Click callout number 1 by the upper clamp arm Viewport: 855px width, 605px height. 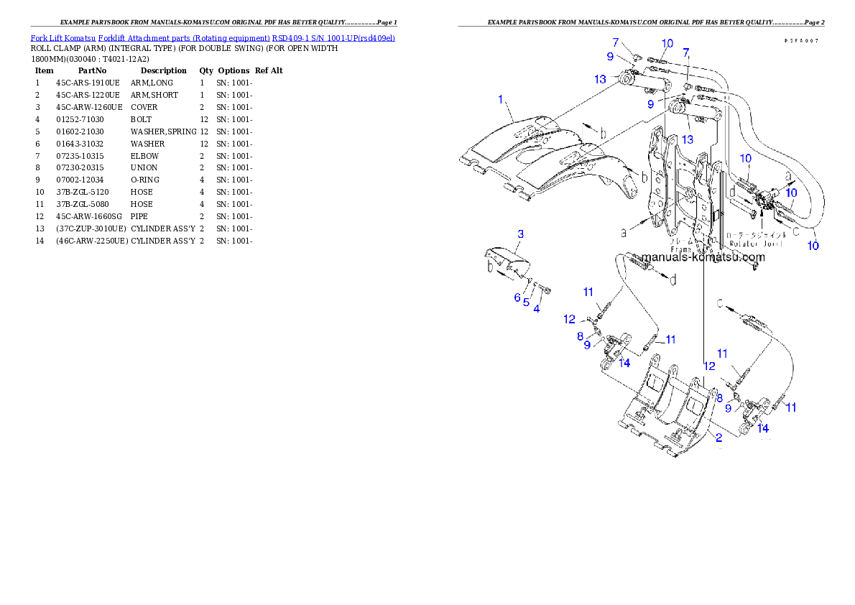(501, 99)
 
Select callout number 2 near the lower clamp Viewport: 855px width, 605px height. (718, 436)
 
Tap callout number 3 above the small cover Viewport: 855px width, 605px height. (520, 234)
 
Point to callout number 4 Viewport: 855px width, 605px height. (536, 308)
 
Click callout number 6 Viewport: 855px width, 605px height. (517, 297)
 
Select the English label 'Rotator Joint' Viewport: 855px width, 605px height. (754, 244)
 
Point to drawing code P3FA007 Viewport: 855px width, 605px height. (800, 41)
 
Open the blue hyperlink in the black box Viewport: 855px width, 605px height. (213, 37)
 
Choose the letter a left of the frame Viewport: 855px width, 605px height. (624, 232)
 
